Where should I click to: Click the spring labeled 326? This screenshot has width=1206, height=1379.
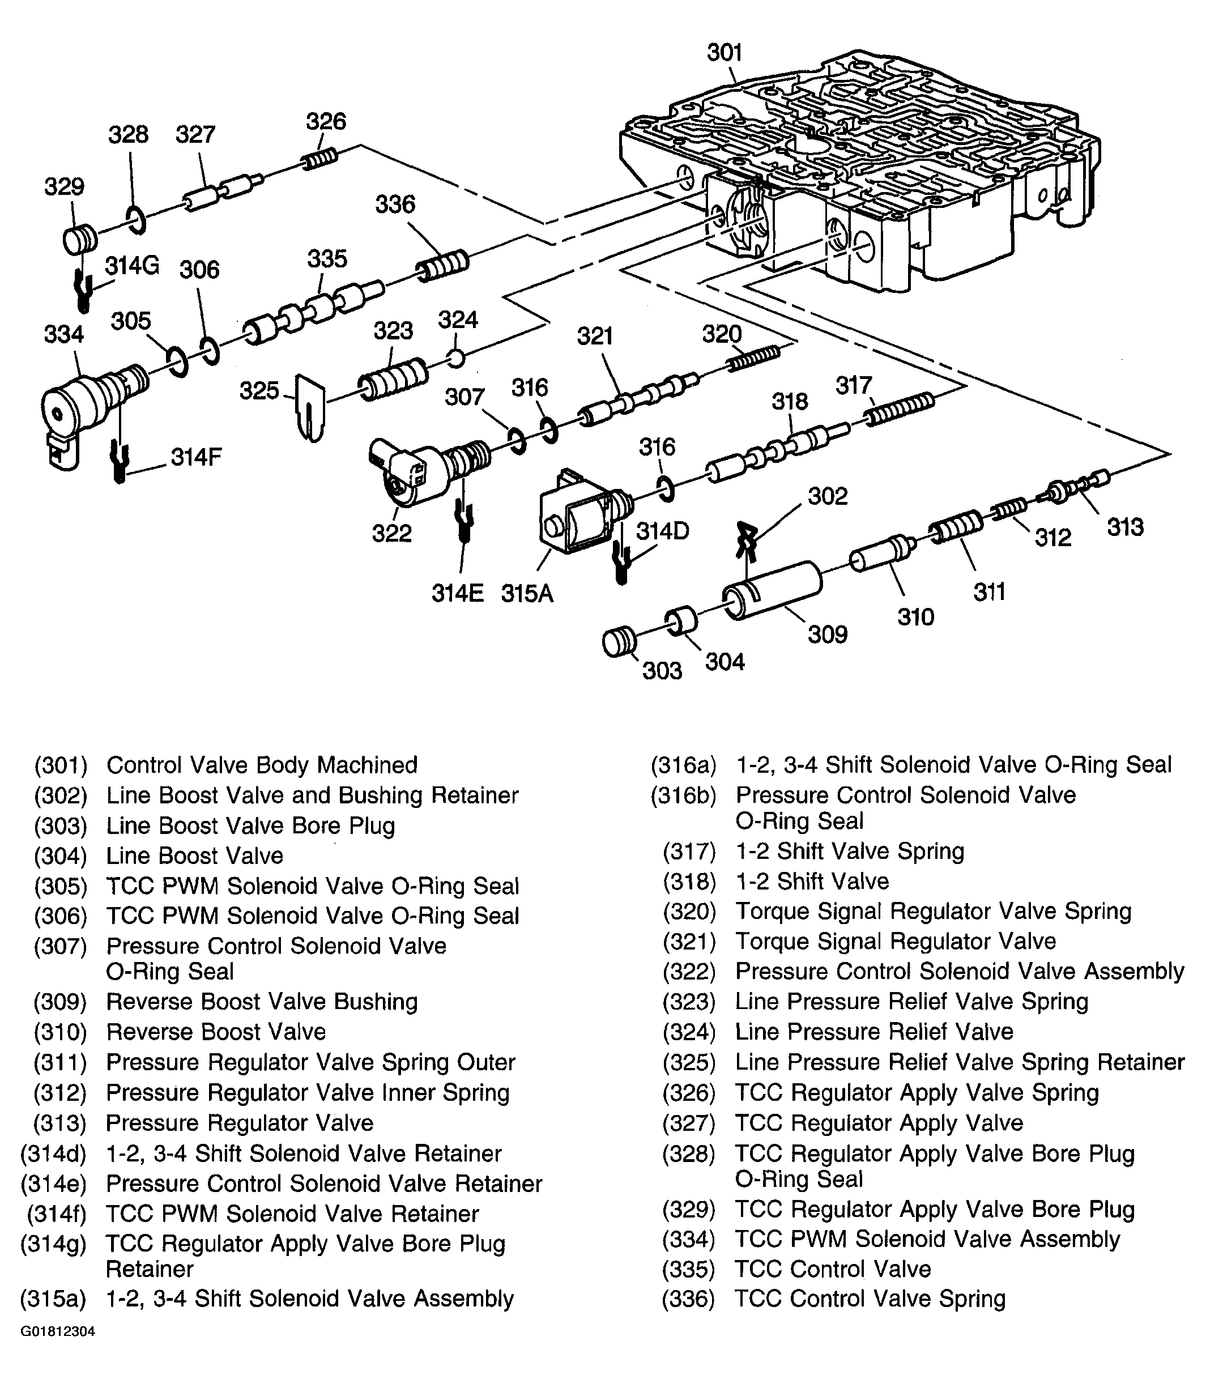(x=319, y=159)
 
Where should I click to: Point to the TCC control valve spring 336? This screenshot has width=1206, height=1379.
(x=441, y=265)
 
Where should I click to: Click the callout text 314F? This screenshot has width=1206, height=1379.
(x=196, y=457)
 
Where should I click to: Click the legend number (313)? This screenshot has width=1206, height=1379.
(x=61, y=1123)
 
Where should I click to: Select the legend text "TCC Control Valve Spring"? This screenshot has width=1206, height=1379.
(x=870, y=1298)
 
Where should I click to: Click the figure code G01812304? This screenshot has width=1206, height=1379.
(x=57, y=1332)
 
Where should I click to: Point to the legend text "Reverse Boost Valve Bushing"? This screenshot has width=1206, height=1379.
(x=262, y=1002)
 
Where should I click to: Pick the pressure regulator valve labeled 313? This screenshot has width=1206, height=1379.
(x=1075, y=487)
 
